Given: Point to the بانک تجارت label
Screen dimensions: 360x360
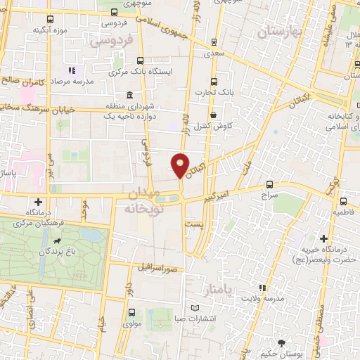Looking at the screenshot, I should point(216,91).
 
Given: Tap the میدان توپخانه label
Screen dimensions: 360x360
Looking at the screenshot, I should point(144,200).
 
